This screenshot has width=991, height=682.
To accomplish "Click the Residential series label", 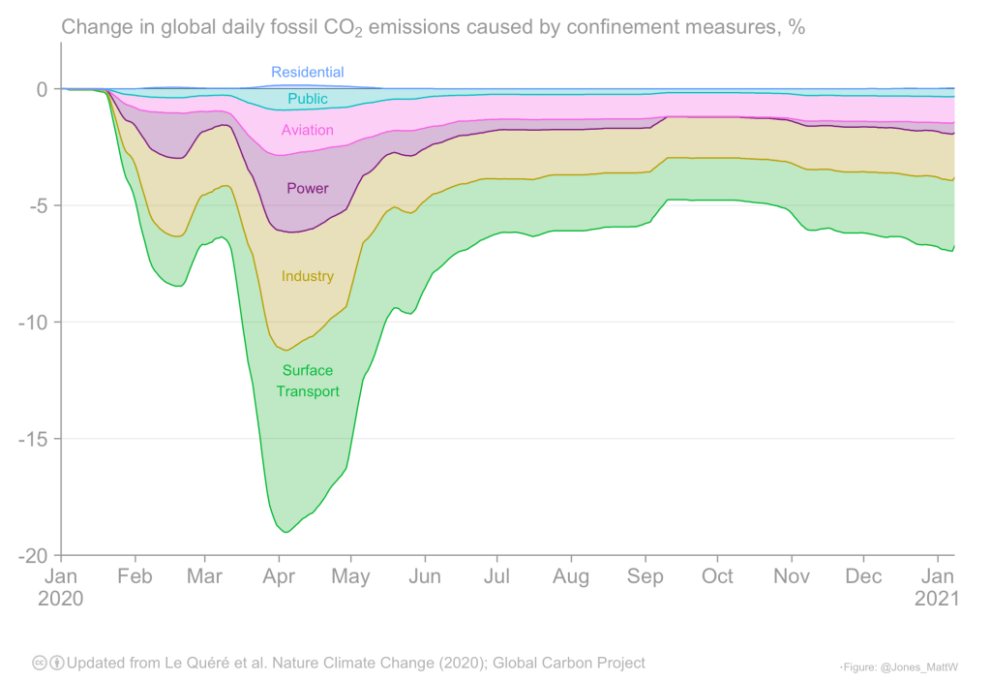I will tap(307, 73).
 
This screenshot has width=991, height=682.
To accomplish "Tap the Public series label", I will tap(308, 99).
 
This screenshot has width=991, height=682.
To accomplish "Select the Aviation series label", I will tap(307, 130).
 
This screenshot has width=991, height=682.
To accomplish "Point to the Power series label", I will tap(307, 188).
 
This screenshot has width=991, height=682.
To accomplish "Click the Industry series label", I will tap(307, 276).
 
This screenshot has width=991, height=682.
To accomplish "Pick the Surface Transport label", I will tap(307, 381).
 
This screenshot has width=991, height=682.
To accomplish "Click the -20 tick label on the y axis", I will tap(32, 556).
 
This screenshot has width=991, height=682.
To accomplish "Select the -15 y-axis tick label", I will tap(32, 439).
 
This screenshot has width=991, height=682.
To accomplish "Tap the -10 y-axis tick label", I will tap(32, 323).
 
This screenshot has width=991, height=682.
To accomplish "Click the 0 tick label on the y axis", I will tap(42, 89).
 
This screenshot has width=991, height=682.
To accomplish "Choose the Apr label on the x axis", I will tap(279, 577).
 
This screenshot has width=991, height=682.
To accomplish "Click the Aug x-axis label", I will tap(571, 577).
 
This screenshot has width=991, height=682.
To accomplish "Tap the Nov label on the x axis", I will tap(791, 577).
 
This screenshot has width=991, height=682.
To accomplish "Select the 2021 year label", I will tap(937, 599).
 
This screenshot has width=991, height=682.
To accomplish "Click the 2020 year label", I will tap(62, 599).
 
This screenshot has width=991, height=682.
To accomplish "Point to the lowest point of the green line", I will tap(285, 532).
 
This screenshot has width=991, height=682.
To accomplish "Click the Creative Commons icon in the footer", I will tap(40, 664).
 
